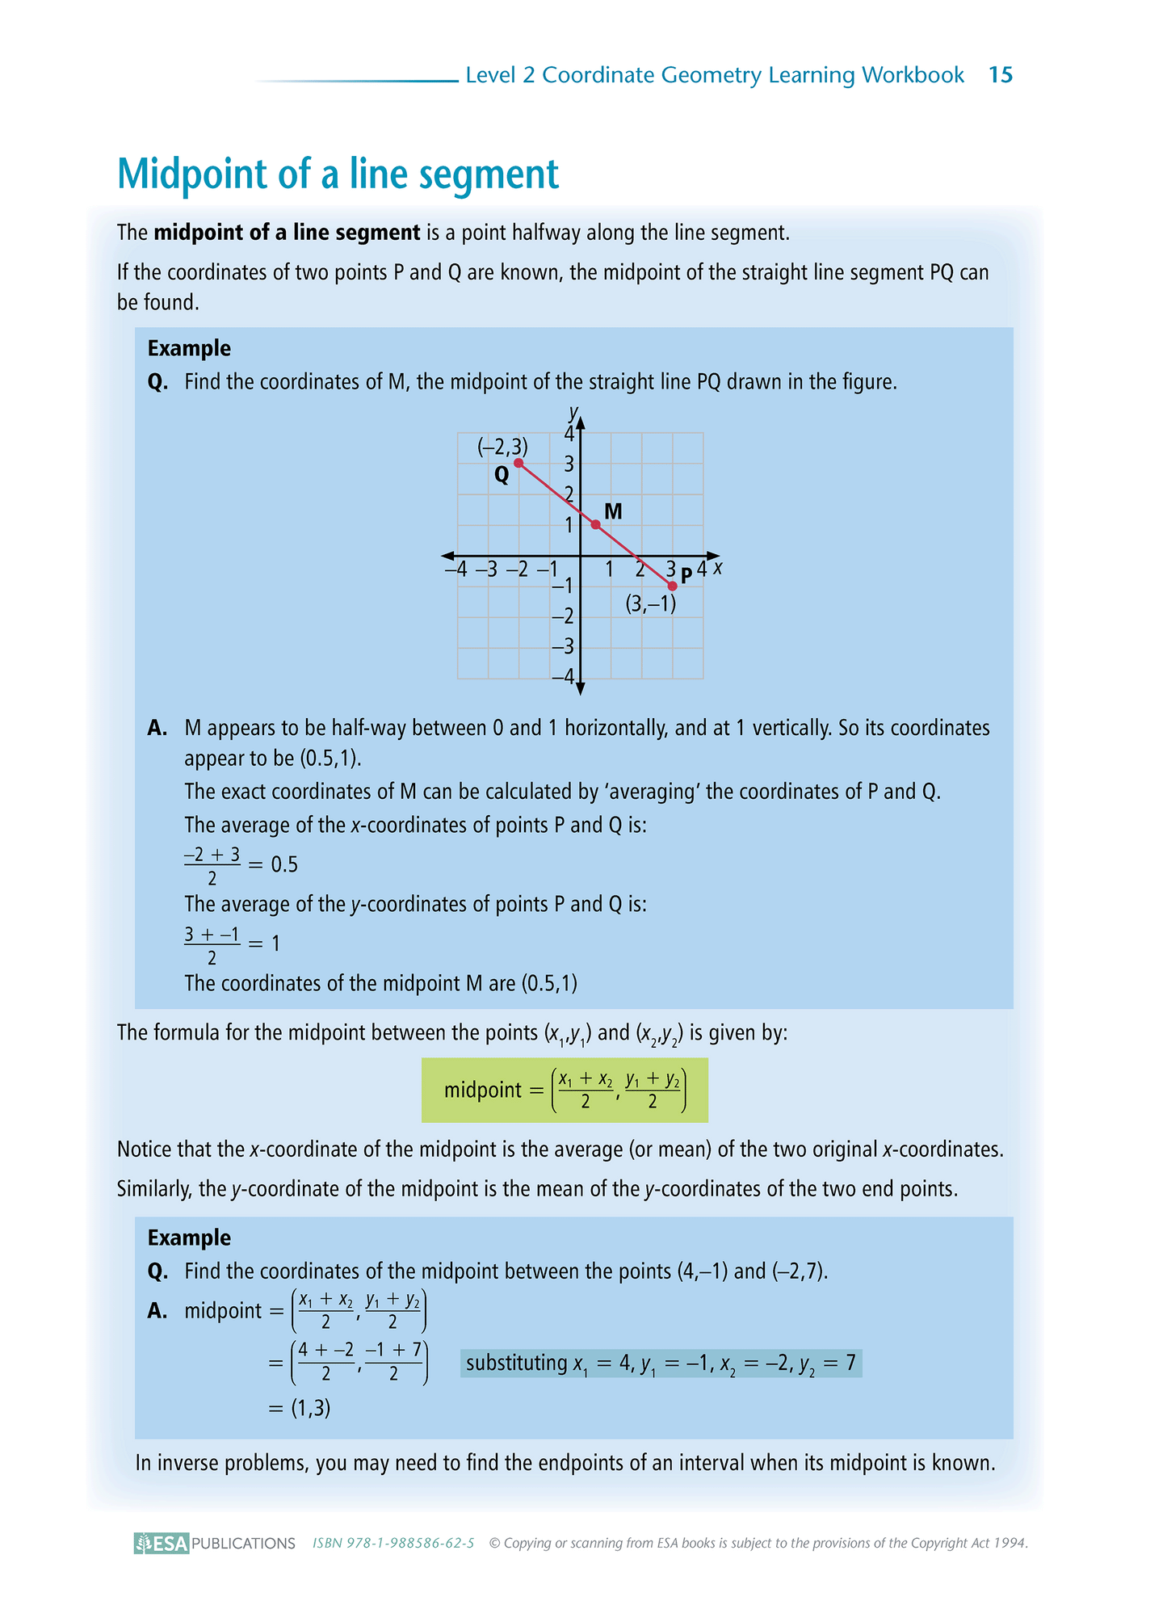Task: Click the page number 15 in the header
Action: click(x=1000, y=75)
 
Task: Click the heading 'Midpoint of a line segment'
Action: click(x=338, y=174)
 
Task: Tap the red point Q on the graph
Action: click(x=518, y=463)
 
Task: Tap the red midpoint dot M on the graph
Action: click(x=595, y=524)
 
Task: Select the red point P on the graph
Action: click(x=672, y=586)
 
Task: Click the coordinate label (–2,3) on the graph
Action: click(x=502, y=445)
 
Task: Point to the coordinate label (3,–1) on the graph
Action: click(x=651, y=603)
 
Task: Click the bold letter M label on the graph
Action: click(x=613, y=511)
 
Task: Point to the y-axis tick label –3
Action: click(x=563, y=646)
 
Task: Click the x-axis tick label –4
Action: click(x=456, y=569)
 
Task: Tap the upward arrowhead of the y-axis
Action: click(x=580, y=422)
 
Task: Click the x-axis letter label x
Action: click(x=718, y=568)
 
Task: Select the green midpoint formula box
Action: click(x=565, y=1090)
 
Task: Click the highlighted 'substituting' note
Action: click(x=661, y=1364)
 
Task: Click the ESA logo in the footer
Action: click(x=162, y=1543)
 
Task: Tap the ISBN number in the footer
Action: click(x=393, y=1543)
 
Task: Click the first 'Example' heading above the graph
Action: click(x=189, y=348)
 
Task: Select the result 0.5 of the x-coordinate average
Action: click(x=284, y=864)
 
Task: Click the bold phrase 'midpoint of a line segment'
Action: click(x=287, y=233)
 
